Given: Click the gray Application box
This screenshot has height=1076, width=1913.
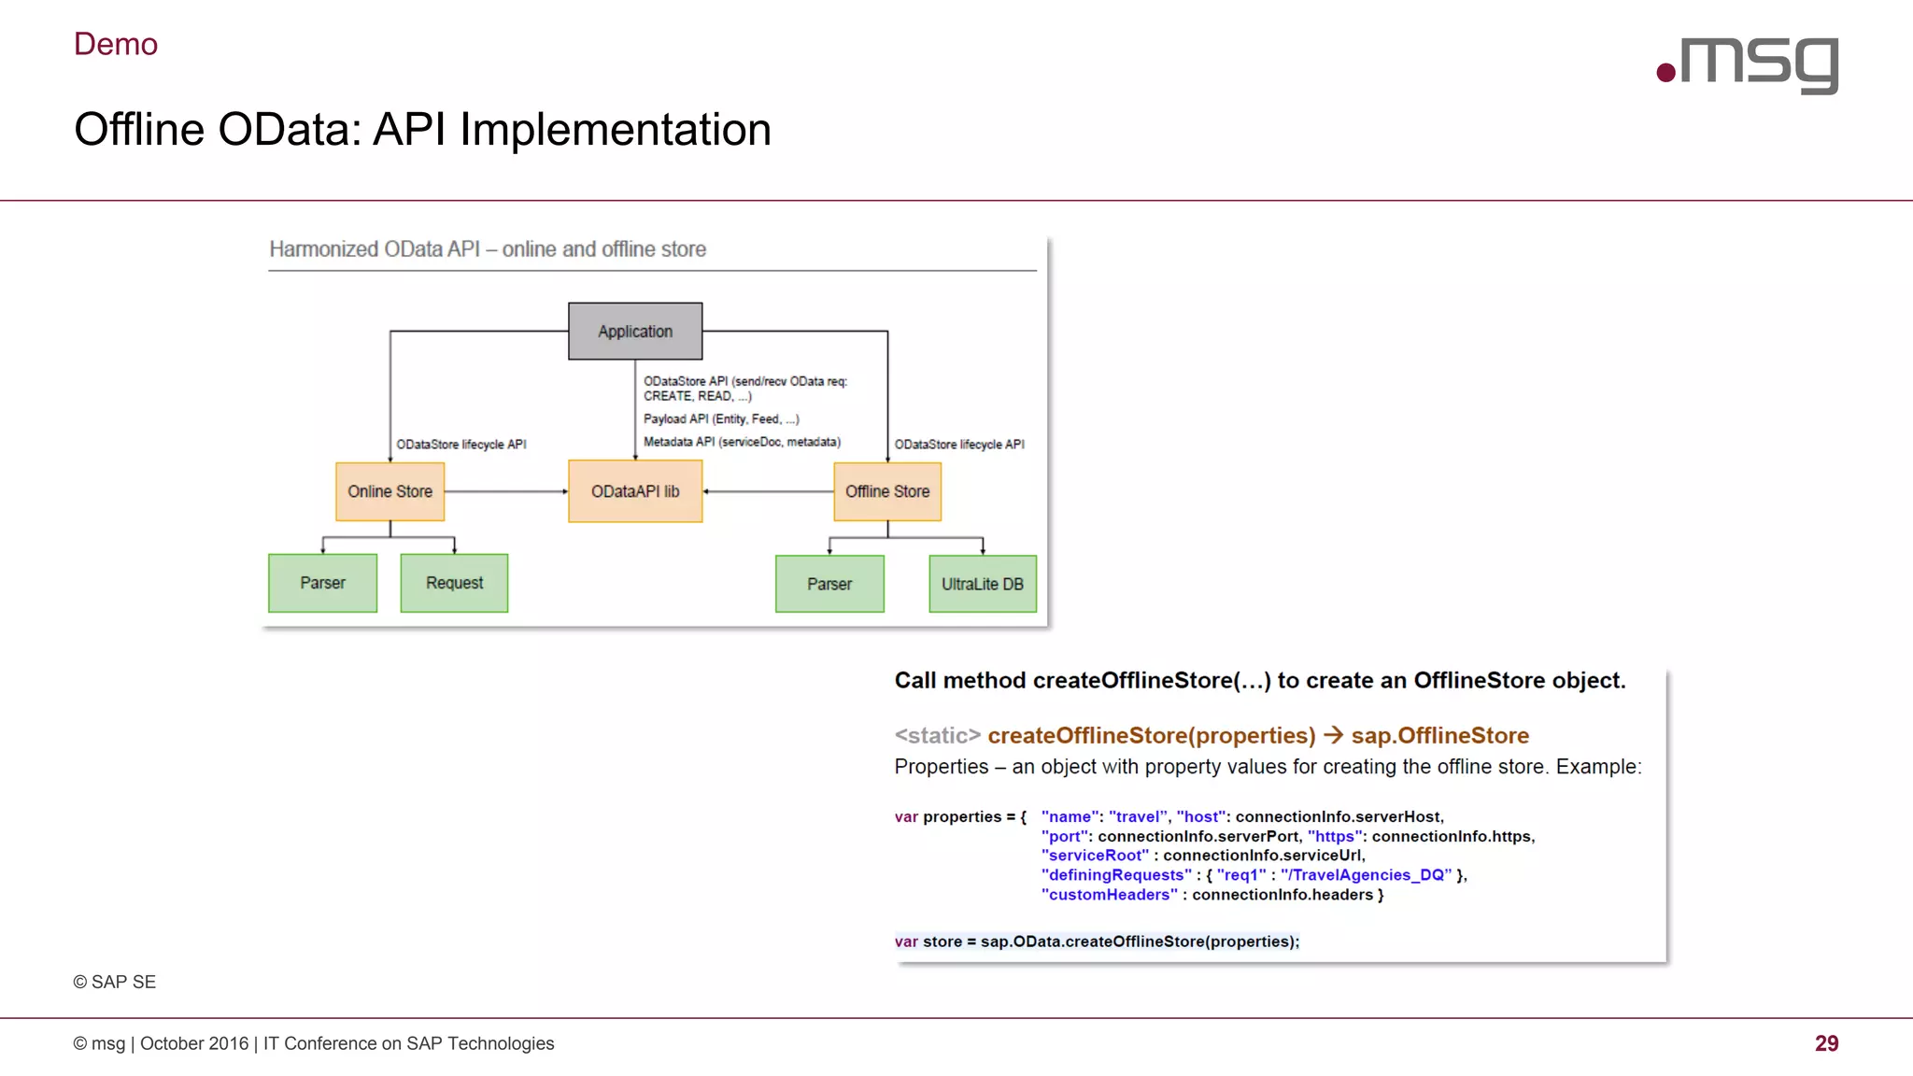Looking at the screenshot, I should (x=635, y=332).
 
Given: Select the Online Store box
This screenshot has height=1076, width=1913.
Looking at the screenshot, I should (x=390, y=491).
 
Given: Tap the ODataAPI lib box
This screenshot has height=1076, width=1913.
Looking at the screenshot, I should (x=635, y=491).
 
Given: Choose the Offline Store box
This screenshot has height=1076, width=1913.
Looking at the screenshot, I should (x=887, y=491).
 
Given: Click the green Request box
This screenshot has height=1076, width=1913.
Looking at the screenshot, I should (x=454, y=583).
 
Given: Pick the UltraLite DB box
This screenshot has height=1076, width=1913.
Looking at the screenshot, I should (x=983, y=584).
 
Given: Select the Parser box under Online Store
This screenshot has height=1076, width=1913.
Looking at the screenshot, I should (x=322, y=583).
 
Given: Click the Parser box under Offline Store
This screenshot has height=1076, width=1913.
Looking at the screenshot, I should (x=829, y=584).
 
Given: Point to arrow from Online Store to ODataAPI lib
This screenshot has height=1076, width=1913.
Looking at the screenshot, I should (x=505, y=491).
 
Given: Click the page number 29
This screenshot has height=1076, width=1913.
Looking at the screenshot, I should (x=1826, y=1043).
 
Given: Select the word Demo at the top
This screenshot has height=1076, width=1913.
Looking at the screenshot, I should (x=116, y=44).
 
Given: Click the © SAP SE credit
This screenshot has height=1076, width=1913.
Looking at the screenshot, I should (x=115, y=982).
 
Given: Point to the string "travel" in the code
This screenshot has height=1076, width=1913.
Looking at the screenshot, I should (x=1138, y=816).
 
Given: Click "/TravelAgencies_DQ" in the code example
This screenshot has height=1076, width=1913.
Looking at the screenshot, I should (x=1366, y=875).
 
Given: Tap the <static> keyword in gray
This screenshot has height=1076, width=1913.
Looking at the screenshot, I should (x=937, y=736).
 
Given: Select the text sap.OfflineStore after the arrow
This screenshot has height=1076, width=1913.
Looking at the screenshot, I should (x=1439, y=736).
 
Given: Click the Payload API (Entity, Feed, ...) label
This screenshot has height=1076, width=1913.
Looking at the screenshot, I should (x=721, y=419).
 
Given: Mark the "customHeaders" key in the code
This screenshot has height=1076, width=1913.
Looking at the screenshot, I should (x=1109, y=895).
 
